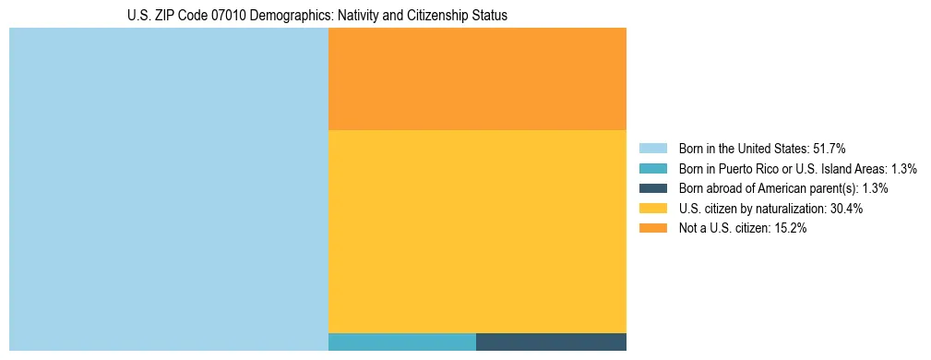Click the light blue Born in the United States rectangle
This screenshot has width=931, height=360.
pos(168,189)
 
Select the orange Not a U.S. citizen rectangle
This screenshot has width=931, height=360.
pos(477,78)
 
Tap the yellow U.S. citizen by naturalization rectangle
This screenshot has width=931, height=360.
pos(477,231)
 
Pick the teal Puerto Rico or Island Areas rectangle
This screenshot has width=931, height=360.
pos(401,342)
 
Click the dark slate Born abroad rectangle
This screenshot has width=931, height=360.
pos(551,342)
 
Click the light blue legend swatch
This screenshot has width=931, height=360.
pos(652,148)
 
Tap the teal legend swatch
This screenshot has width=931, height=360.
pos(652,168)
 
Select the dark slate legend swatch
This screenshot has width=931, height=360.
pos(652,188)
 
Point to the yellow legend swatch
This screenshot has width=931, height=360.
pos(652,209)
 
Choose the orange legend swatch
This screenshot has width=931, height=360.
pos(652,229)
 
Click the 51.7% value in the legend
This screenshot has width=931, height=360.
pos(829,148)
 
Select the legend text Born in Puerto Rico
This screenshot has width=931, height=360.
pos(729,168)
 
